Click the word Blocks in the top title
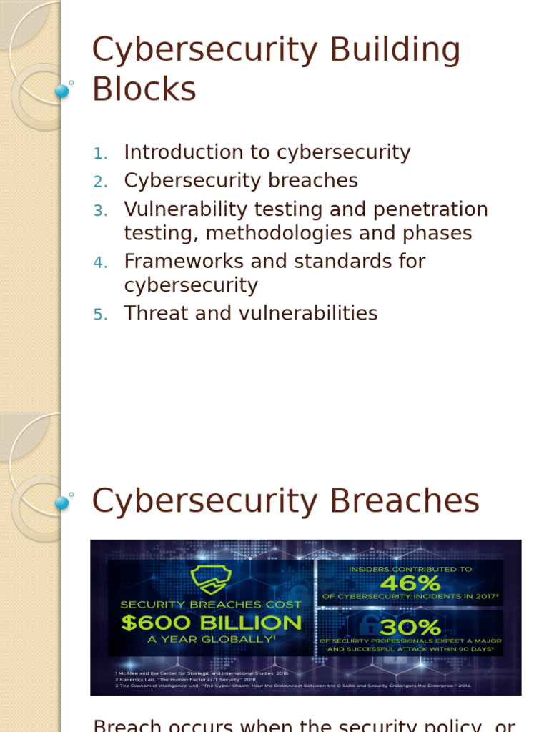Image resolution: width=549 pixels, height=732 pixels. (144, 90)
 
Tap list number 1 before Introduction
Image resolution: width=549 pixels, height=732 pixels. (100, 153)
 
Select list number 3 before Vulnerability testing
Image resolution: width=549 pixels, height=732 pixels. (100, 210)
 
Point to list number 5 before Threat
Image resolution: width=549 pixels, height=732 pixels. (100, 314)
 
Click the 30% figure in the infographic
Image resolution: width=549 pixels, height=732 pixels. (410, 627)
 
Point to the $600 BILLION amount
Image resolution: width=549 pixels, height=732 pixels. (212, 623)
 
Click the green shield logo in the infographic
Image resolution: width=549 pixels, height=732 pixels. (209, 580)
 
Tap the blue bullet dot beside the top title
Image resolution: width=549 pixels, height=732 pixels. (62, 91)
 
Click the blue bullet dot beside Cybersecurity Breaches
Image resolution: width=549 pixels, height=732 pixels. (62, 502)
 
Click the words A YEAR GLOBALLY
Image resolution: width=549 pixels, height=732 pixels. (211, 640)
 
